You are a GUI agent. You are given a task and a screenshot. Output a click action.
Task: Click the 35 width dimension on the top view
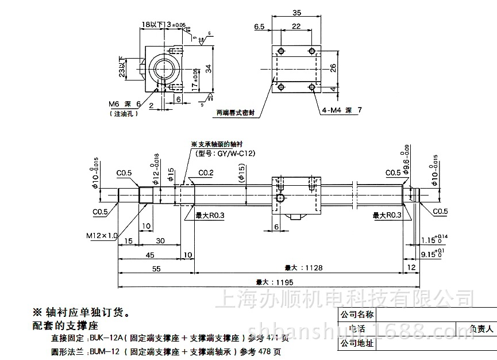click(296, 12)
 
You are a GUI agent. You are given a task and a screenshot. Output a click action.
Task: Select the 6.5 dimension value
click(259, 26)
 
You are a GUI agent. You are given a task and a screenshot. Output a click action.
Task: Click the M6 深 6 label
click(124, 104)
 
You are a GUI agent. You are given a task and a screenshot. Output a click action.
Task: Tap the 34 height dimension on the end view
click(209, 68)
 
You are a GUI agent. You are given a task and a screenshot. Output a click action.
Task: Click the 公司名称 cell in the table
click(357, 315)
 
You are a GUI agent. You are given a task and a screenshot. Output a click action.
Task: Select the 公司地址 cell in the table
click(357, 344)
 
